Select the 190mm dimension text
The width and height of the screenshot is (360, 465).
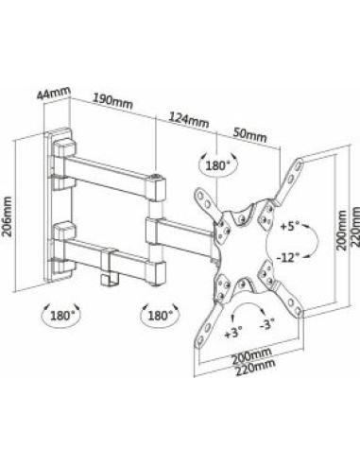pyautogui.click(x=111, y=101)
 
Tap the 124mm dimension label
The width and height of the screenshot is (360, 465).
pyautogui.click(x=187, y=120)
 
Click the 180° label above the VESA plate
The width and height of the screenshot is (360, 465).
pyautogui.click(x=217, y=167)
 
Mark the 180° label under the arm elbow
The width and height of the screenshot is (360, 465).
pyautogui.click(x=158, y=316)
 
